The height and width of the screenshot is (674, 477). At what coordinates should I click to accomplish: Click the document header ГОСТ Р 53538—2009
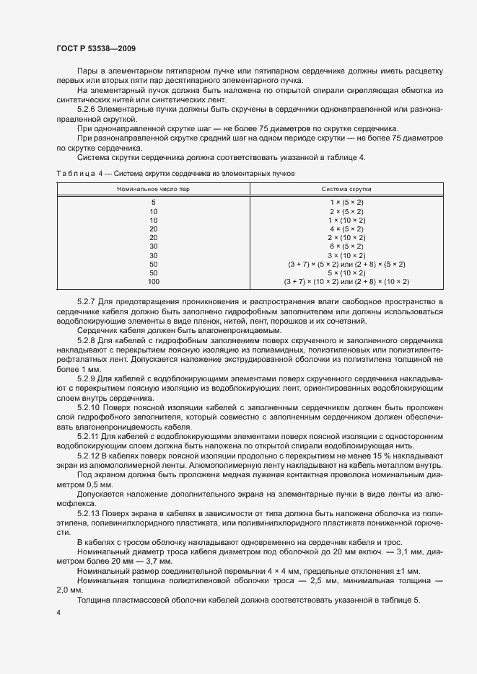[x=95, y=48]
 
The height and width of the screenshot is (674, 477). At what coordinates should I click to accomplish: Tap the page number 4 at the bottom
[x=58, y=612]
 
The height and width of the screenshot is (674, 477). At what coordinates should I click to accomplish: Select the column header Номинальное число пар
[x=153, y=188]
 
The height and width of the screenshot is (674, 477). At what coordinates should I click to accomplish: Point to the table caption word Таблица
[x=74, y=174]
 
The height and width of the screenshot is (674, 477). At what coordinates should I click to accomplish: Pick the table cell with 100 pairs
[x=153, y=282]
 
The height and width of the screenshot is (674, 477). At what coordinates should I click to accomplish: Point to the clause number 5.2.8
[x=87, y=338]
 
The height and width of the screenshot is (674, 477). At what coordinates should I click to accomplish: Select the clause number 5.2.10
[x=89, y=407]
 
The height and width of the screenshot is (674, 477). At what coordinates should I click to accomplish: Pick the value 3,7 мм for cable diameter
[x=158, y=561]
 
